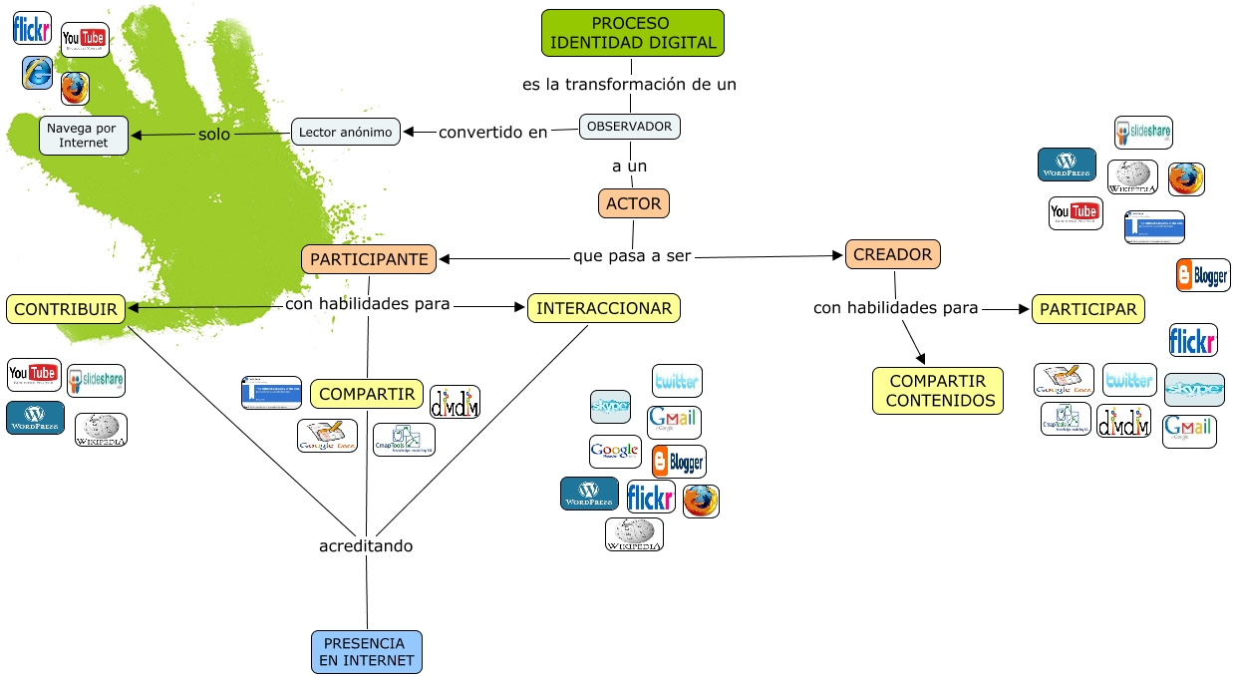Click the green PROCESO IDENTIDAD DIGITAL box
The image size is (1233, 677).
point(633,33)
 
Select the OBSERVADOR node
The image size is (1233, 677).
point(630,127)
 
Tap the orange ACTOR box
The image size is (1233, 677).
point(634,203)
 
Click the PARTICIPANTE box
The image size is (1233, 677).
point(369,259)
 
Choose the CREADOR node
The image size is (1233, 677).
point(893,254)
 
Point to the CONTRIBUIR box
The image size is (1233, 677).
point(66,309)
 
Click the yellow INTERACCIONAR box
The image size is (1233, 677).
point(604,308)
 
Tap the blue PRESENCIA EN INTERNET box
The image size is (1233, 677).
point(367,652)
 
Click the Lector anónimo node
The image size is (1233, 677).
point(346,132)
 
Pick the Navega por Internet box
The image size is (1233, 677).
point(84,136)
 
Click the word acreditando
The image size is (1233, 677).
point(366,546)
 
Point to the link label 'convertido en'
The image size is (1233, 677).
point(493,132)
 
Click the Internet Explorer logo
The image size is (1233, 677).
point(38,72)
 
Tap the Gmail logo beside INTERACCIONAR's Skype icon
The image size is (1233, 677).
point(674,422)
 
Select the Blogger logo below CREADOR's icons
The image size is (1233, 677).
point(1203,275)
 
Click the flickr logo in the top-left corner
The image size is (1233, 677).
point(32,28)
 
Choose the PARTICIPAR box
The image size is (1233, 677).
point(1087,309)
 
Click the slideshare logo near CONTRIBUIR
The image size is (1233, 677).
point(96,380)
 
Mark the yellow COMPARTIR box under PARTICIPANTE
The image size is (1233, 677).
point(367,394)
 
